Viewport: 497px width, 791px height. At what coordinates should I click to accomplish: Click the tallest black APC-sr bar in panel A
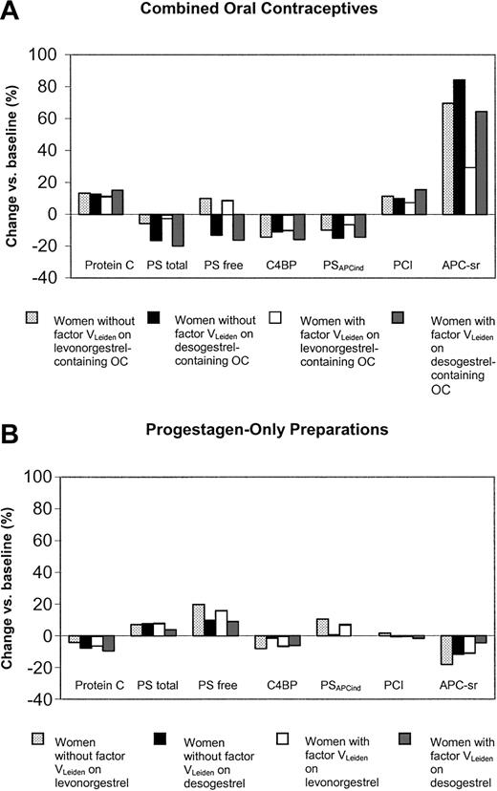[x=460, y=147]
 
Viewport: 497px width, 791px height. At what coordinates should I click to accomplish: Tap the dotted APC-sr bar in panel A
[x=447, y=158]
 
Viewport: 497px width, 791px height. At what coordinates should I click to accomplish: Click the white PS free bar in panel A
[x=226, y=207]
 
